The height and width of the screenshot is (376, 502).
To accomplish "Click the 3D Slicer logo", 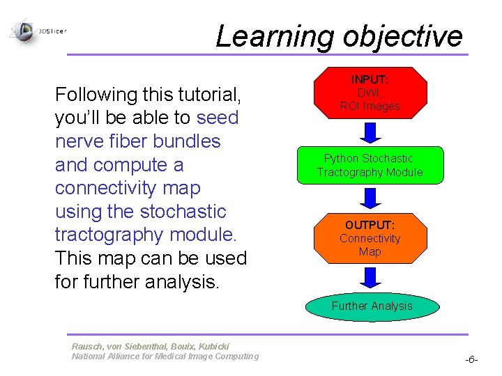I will pyautogui.click(x=38, y=31).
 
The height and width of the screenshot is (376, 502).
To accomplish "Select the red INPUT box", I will pyautogui.click(x=370, y=92).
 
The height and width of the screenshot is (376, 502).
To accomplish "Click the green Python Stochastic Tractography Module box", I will pyautogui.click(x=370, y=165).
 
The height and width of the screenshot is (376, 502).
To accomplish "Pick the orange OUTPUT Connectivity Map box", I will pyautogui.click(x=370, y=238).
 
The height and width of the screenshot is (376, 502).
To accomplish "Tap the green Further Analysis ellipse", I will pyautogui.click(x=372, y=306).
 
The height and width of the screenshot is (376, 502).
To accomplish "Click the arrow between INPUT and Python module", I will pyautogui.click(x=370, y=132).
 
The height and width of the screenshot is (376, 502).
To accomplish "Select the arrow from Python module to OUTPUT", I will pyautogui.click(x=370, y=198).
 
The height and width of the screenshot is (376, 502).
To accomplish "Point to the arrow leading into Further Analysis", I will pyautogui.click(x=370, y=278).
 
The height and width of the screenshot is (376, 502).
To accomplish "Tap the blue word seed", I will pyautogui.click(x=218, y=118).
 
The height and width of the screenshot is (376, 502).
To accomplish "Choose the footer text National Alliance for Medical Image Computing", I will pyautogui.click(x=165, y=357).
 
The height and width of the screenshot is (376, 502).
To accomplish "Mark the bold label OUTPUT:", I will pyautogui.click(x=370, y=225).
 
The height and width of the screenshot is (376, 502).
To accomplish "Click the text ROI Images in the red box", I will pyautogui.click(x=370, y=107).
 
